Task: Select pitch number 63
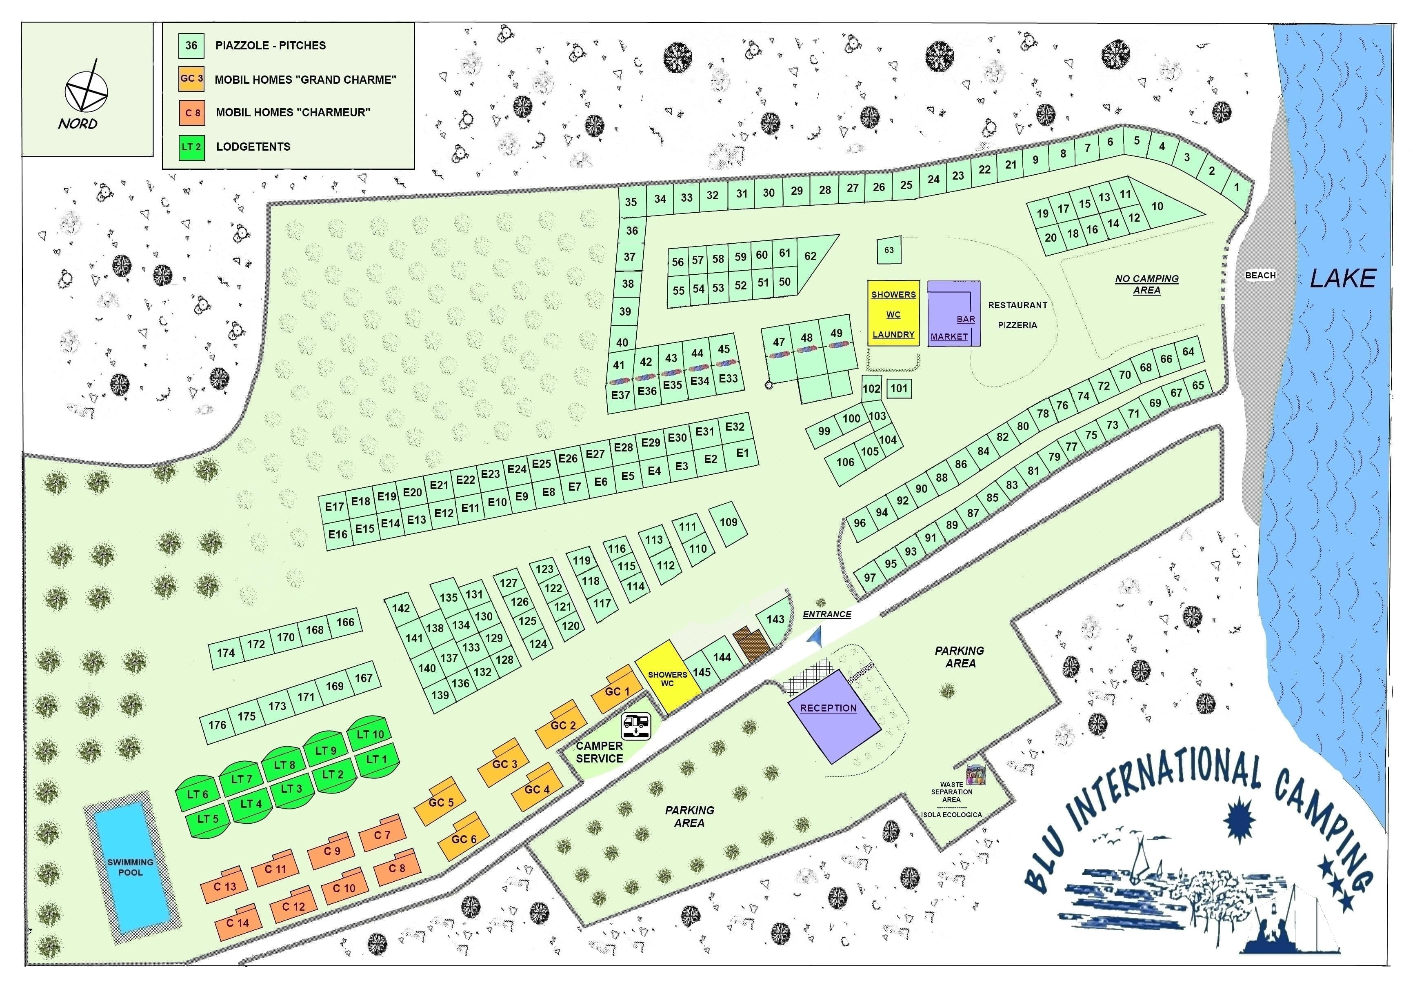889,250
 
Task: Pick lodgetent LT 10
371,734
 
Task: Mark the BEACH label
1260,276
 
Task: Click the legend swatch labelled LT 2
191,147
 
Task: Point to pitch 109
729,523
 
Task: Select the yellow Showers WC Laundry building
893,314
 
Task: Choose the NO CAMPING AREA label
1146,284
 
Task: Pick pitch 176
218,725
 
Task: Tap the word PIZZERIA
1017,325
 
